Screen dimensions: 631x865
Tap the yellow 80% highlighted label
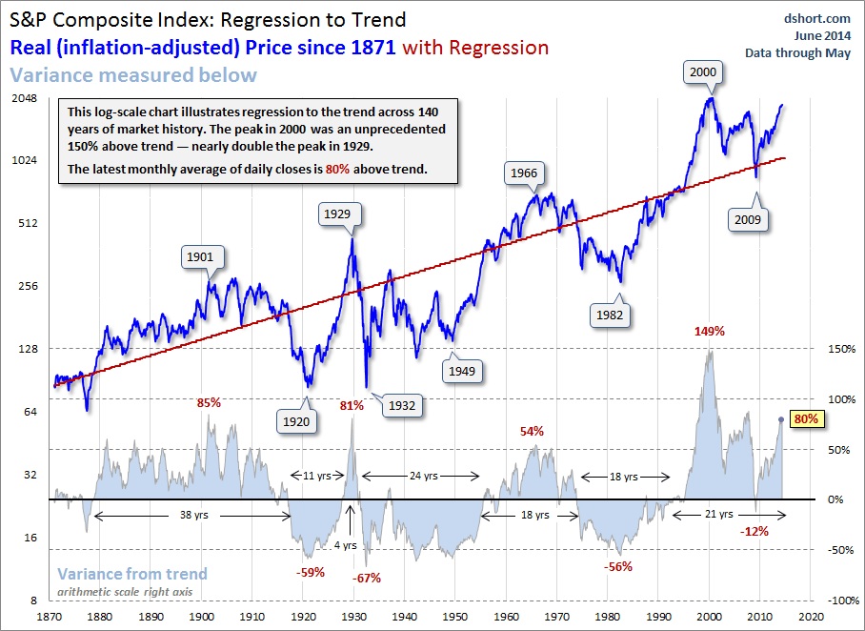pyautogui.click(x=806, y=418)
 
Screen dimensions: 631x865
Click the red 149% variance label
pyautogui.click(x=710, y=332)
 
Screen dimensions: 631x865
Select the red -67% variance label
pyautogui.click(x=366, y=579)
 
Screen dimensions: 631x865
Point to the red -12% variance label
pyautogui.click(x=754, y=531)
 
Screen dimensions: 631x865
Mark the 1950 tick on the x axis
pyautogui.click(x=453, y=617)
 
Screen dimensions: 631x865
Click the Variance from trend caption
pyautogui.click(x=131, y=574)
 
